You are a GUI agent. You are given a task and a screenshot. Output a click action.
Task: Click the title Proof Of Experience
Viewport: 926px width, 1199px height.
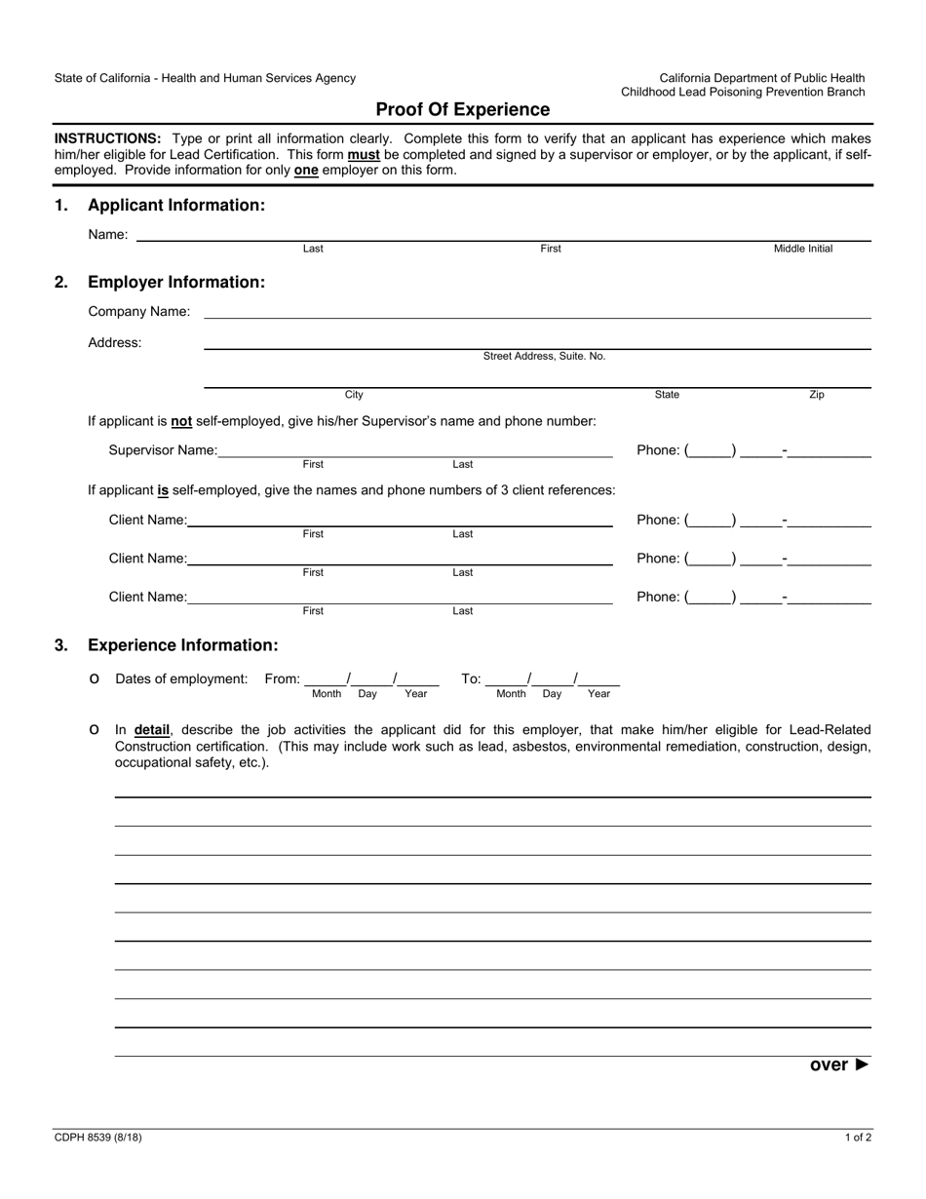(x=462, y=110)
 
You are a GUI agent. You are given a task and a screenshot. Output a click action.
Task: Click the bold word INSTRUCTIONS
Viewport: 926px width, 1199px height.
(x=107, y=138)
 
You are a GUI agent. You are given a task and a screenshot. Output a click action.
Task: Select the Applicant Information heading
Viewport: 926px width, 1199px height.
(x=175, y=206)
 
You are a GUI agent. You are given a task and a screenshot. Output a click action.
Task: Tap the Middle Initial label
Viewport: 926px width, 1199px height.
(x=803, y=250)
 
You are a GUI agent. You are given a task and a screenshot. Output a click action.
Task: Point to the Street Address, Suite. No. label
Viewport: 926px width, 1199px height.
(x=544, y=357)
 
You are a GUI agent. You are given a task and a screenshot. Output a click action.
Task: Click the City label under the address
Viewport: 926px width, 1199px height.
(x=354, y=396)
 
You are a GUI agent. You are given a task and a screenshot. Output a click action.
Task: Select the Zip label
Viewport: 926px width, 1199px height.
(x=817, y=396)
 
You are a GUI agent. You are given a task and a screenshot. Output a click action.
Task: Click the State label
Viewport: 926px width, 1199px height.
(x=668, y=396)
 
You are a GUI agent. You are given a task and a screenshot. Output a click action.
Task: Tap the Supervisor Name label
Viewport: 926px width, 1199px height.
(x=163, y=450)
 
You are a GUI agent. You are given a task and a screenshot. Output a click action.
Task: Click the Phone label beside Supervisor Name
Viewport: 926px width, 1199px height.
(x=658, y=450)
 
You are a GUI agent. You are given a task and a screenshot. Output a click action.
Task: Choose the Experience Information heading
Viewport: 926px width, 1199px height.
(x=182, y=645)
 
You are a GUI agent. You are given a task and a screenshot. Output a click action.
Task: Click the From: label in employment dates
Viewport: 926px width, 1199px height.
(x=283, y=679)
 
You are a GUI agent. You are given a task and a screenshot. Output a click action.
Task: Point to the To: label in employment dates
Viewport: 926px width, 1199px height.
(x=471, y=679)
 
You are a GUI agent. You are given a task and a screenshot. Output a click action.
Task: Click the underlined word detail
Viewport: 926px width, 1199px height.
(x=152, y=729)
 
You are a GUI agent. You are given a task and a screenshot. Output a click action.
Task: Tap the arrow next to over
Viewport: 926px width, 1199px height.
(x=862, y=1064)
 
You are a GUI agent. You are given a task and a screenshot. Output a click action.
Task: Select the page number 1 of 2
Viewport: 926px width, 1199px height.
(x=858, y=1137)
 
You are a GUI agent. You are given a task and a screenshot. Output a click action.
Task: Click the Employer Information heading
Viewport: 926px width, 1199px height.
(x=175, y=283)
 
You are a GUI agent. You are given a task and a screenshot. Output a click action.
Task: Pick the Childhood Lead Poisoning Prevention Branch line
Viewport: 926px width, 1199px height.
(x=743, y=93)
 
